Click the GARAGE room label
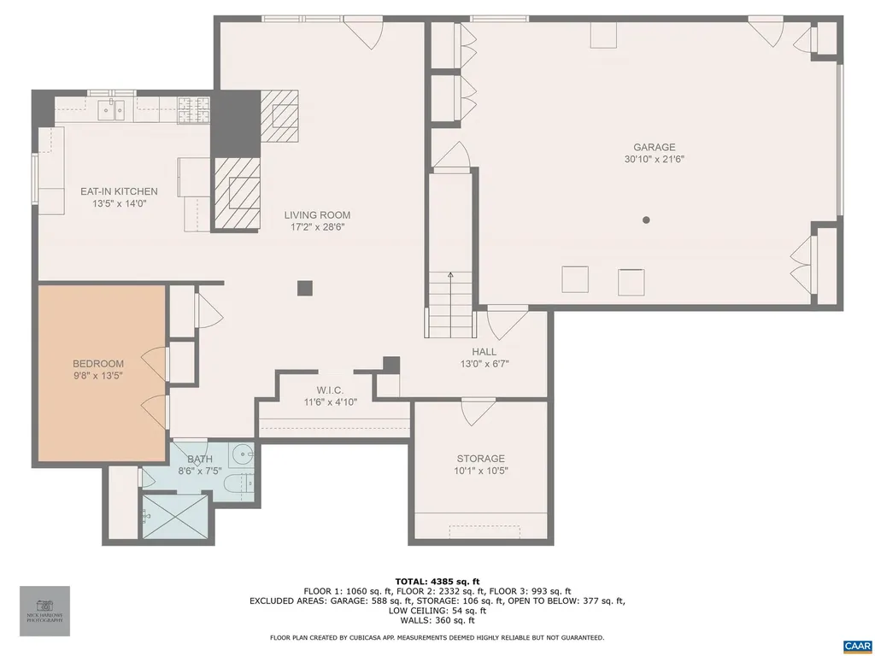tap(654, 147)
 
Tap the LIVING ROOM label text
tap(317, 215)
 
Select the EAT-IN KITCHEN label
tap(119, 191)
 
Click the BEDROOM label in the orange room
tap(97, 363)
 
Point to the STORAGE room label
tap(479, 459)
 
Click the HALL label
tap(484, 352)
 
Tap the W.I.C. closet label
tap(330, 390)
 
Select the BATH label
tap(199, 459)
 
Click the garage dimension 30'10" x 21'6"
tap(654, 159)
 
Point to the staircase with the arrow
tap(449, 303)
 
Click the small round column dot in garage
tap(646, 220)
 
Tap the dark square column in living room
tap(305, 288)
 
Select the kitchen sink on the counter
tap(112, 108)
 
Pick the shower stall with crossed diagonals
tap(174, 517)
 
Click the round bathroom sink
tap(244, 454)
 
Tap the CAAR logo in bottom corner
tap(856, 646)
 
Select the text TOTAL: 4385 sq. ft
tap(437, 581)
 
